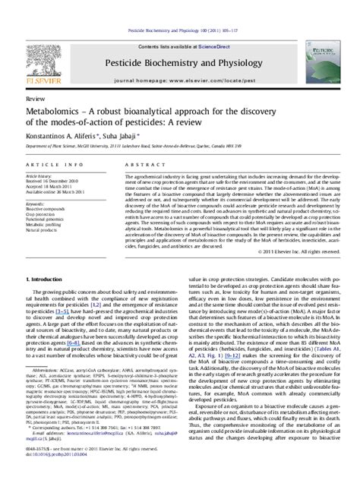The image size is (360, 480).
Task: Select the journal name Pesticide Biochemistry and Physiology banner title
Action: tap(179, 43)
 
